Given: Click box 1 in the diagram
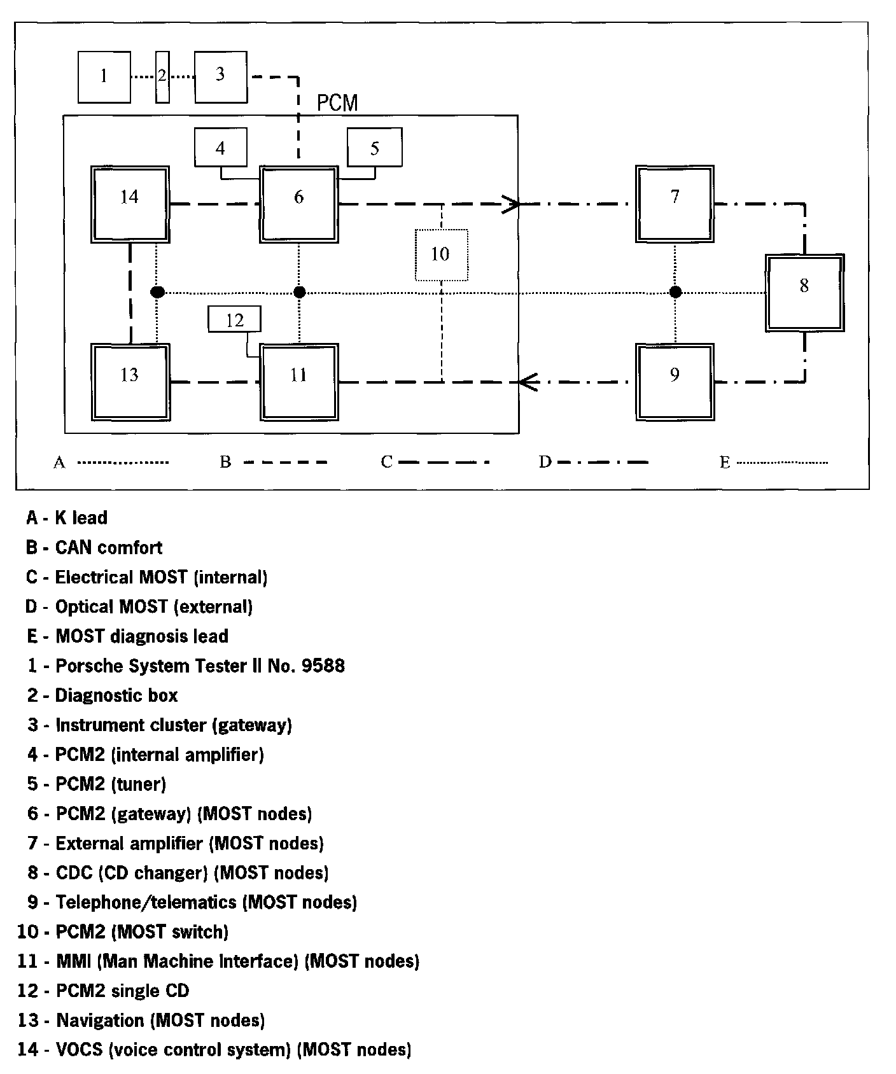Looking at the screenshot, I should [x=104, y=77].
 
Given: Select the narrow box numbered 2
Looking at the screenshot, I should [x=162, y=77].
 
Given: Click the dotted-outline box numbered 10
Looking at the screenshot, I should [x=441, y=255].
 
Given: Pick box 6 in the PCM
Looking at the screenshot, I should [x=298, y=204].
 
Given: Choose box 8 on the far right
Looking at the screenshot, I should [x=804, y=293].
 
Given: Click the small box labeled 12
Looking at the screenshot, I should [x=235, y=319].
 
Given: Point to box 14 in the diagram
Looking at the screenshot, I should [x=130, y=204].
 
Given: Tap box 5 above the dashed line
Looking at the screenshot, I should [x=374, y=148].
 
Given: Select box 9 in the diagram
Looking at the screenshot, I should [x=675, y=382].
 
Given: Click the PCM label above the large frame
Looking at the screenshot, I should [x=337, y=102].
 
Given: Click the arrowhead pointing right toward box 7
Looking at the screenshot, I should [x=512, y=204].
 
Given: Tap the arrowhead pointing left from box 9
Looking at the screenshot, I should [x=528, y=382].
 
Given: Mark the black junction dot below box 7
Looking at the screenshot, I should [x=676, y=292].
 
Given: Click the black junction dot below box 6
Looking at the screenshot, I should [x=300, y=292].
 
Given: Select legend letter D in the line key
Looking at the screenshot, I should [x=545, y=462].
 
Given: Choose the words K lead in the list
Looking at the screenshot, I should [x=81, y=518].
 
